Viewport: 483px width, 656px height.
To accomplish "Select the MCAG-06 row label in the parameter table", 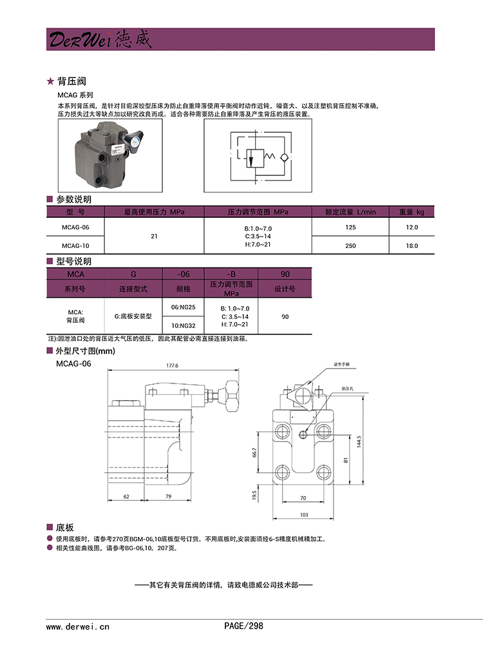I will pyautogui.click(x=75, y=227).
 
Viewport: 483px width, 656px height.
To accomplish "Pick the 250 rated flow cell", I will pyautogui.click(x=350, y=246).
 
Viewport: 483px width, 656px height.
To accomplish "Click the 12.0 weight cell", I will pyautogui.click(x=412, y=227).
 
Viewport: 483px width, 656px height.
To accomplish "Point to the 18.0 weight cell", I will pyautogui.click(x=412, y=246).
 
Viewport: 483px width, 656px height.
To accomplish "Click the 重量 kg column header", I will pyautogui.click(x=412, y=211).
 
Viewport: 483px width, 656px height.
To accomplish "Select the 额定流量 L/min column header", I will pyautogui.click(x=350, y=211).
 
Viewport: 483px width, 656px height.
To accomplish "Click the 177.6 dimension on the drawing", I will pyautogui.click(x=172, y=365).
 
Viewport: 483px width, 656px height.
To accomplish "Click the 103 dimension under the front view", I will pyautogui.click(x=305, y=515).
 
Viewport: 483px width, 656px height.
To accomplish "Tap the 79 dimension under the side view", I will pyautogui.click(x=168, y=497).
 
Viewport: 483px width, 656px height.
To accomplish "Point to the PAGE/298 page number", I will pyautogui.click(x=243, y=626).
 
